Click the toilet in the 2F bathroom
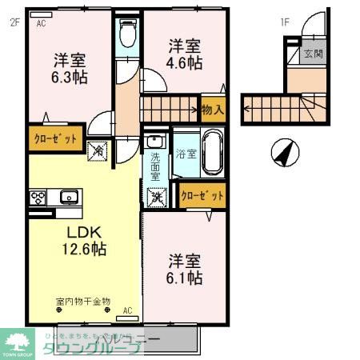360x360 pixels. tap(127, 34)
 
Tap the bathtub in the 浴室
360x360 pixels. tap(211, 152)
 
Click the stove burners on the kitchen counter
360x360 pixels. tap(38, 196)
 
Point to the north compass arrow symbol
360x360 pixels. tap(283, 150)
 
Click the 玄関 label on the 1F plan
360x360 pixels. tap(313, 55)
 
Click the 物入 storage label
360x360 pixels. tap(213, 109)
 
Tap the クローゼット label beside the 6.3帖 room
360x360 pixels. tap(55, 138)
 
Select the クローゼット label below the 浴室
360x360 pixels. tap(202, 194)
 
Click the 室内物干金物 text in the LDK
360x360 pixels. tap(82, 302)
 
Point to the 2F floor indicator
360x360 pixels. tap(14, 22)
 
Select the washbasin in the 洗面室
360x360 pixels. tap(154, 142)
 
